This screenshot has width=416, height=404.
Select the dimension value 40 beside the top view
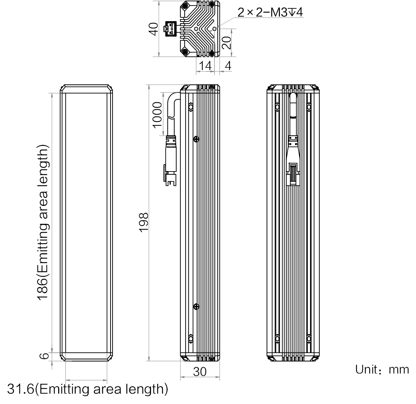pos(153,29)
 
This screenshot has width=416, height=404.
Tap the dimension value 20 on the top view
pos(227,43)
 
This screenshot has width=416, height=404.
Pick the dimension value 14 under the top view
pos(205,65)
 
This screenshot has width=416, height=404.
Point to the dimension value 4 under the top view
pos(228,65)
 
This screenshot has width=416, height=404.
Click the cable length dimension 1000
pos(157,115)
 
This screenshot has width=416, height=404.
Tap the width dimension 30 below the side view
pos(200,371)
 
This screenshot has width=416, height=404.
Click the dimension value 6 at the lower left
pos(44,356)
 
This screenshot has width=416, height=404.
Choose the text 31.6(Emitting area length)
pos(87,389)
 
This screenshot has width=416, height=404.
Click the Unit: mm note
pos(382,369)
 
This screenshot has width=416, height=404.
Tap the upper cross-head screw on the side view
pos(196,139)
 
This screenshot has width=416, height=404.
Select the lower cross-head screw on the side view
pos(196,307)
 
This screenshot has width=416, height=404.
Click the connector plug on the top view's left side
pos(170,29)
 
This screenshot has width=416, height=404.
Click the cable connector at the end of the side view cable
pos(170,160)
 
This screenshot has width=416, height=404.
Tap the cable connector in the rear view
pos(293,160)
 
